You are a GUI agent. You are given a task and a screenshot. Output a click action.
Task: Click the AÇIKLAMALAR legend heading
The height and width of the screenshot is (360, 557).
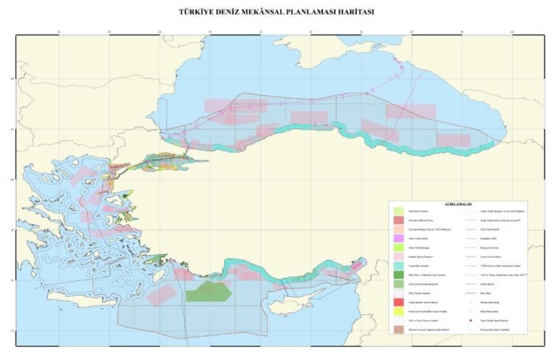click(x=458, y=205)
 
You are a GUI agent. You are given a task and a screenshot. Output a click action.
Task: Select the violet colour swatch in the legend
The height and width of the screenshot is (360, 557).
click(x=398, y=238)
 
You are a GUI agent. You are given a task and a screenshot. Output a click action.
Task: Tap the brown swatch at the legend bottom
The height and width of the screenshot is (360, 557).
click(x=398, y=330)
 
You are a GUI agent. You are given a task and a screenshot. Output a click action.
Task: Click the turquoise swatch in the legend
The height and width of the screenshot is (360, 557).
click(x=398, y=266)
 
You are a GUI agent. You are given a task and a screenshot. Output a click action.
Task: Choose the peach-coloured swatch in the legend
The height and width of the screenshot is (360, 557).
click(x=398, y=229)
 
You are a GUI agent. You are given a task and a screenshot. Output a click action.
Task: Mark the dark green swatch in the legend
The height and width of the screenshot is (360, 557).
click(x=398, y=275)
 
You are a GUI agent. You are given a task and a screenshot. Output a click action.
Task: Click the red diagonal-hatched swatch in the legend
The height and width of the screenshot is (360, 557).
click(x=398, y=292)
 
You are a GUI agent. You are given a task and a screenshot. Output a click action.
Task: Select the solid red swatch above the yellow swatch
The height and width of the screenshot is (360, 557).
click(x=398, y=302)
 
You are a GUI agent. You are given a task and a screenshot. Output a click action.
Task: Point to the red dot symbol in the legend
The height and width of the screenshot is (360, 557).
click(x=471, y=320)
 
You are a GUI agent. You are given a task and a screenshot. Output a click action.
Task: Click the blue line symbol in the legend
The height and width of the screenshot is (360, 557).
click(x=471, y=292)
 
